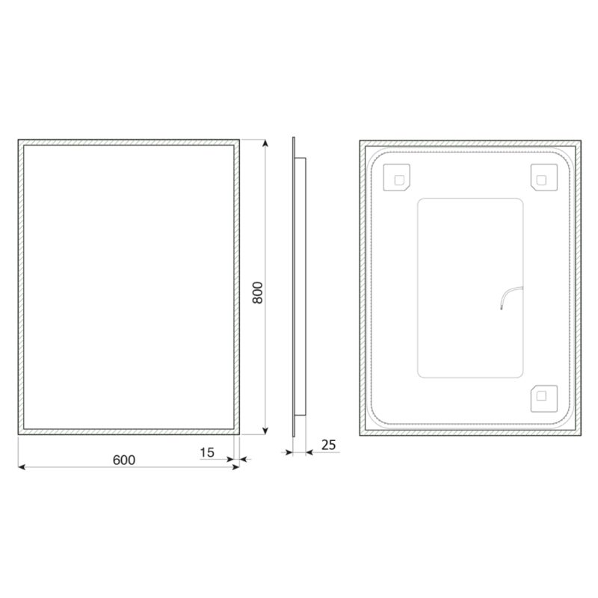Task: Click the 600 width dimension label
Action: [x=124, y=460]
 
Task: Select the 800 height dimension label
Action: [x=258, y=292]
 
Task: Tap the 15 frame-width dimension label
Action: [x=207, y=452]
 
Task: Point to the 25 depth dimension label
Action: [x=328, y=445]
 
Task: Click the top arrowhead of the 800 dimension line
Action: [x=265, y=143]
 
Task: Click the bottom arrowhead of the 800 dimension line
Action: [x=265, y=431]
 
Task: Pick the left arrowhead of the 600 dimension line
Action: [x=22, y=466]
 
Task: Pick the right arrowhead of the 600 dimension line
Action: [x=235, y=466]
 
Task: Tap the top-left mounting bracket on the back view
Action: [x=397, y=178]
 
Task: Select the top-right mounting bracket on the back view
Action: [x=544, y=178]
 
